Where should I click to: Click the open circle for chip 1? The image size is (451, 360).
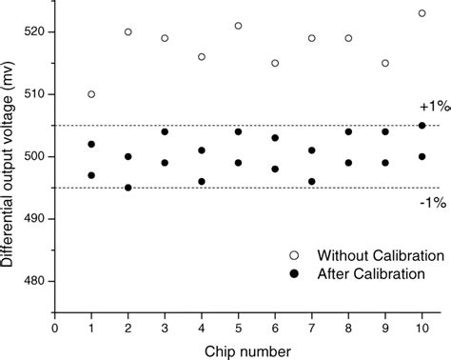point(91,94)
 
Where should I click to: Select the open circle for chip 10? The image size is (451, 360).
point(422,13)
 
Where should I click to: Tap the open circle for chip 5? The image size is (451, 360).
point(238,26)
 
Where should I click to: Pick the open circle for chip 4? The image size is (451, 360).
point(202,57)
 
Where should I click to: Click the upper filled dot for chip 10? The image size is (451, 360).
point(422,125)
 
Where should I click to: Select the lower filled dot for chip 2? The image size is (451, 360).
point(128,188)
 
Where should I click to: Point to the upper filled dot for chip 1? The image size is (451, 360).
point(91,144)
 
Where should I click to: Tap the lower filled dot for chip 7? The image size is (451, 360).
point(312,181)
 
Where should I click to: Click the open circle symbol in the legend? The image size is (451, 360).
point(294,256)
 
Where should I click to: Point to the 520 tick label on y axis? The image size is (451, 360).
point(38,32)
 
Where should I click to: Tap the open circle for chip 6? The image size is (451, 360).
point(275,63)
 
